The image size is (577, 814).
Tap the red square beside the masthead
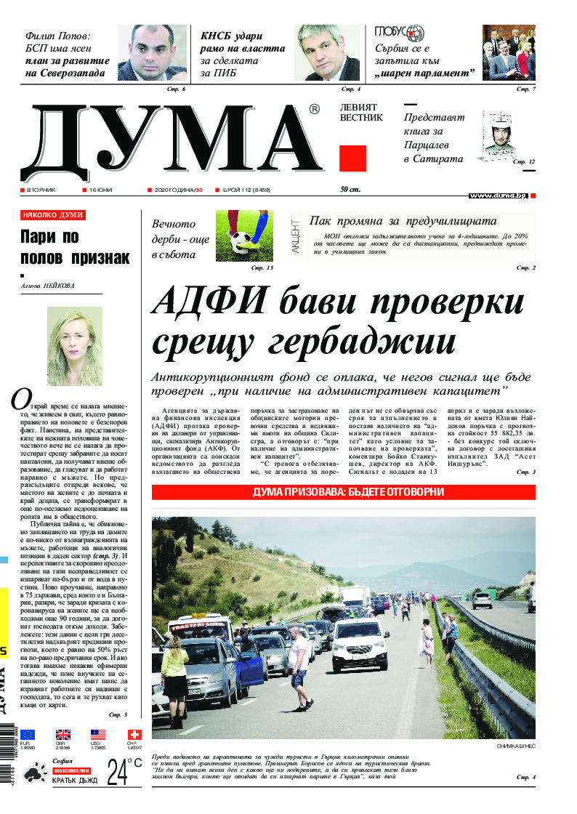pos(352,158)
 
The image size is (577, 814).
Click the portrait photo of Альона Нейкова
pos(74,346)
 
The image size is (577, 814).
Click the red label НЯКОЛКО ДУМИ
pos(53,215)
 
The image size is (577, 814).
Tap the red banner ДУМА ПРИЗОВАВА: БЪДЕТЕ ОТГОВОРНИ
pos(343,492)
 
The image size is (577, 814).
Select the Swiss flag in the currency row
pos(134,735)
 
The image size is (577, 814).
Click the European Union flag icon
pos(28,735)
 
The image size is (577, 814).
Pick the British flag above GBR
pos(63,735)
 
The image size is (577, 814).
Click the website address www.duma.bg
pos(498,196)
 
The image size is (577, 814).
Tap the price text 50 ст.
pos(350,190)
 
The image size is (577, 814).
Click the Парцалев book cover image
pos(503,136)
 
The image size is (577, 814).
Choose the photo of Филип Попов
pos(152,53)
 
